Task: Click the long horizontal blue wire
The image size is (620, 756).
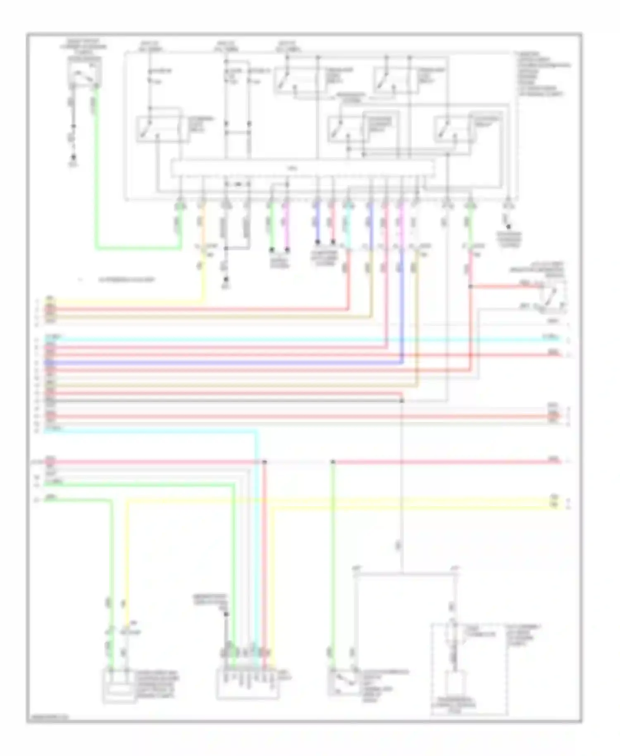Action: pyautogui.click(x=223, y=363)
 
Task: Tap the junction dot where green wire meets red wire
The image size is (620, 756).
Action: pyautogui.click(x=333, y=462)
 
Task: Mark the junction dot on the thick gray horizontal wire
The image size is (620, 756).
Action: pyautogui.click(x=402, y=401)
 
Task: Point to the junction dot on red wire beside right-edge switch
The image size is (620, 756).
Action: pyautogui.click(x=471, y=286)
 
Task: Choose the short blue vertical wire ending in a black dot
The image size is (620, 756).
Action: pyautogui.click(x=317, y=227)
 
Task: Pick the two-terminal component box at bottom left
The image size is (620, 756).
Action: pyautogui.click(x=119, y=685)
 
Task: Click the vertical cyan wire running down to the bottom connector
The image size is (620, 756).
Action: pyautogui.click(x=257, y=538)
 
